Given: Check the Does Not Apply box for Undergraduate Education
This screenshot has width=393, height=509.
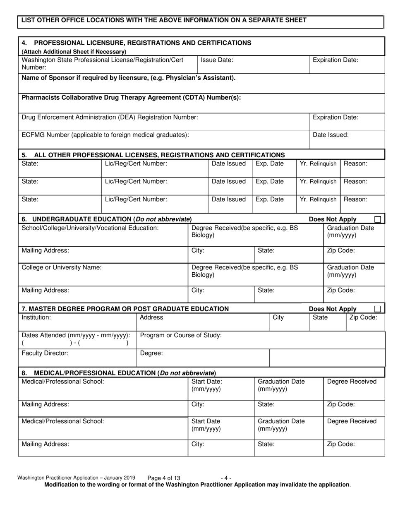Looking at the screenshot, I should point(378,219).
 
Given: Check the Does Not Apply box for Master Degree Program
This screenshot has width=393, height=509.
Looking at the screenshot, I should point(378,309).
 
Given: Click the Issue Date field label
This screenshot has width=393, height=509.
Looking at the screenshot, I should point(217,60).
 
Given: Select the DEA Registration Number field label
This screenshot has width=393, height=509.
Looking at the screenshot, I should point(110,118).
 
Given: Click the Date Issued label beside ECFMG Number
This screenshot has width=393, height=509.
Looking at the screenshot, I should point(331,134).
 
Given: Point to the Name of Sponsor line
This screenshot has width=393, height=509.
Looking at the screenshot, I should point(128,78).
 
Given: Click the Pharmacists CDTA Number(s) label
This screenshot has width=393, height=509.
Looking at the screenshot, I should point(131,98).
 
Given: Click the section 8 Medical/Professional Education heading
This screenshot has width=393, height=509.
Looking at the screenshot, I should point(119,373).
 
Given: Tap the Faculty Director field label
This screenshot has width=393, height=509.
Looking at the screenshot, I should point(45,353).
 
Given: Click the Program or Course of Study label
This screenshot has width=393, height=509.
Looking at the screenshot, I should point(181,335).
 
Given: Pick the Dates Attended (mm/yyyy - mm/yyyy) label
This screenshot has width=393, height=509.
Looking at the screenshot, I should point(76,335).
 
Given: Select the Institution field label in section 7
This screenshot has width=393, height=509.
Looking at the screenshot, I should point(36,317).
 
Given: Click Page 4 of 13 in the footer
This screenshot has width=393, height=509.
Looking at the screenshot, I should point(163,478).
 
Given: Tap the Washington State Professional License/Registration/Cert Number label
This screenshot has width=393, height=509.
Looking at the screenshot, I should point(102,63).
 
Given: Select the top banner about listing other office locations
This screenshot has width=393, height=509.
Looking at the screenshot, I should point(164,20).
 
